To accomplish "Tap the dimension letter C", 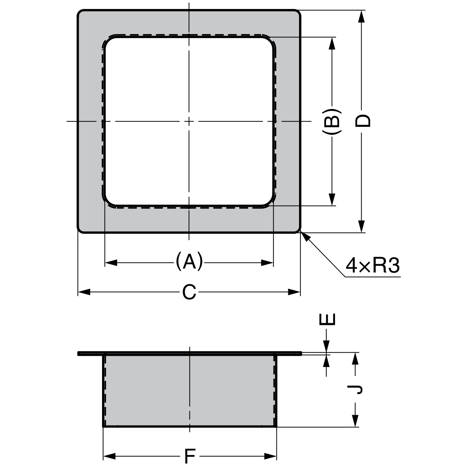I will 189,292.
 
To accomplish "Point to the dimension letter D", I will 362,121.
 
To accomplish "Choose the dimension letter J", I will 356,389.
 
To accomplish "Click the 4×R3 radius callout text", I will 372,266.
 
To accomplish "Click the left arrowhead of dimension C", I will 83,292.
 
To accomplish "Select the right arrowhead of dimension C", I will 295,292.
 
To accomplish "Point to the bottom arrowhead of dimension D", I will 362,227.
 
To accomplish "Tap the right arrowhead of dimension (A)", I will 268,263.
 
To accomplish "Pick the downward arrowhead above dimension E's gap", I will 327,347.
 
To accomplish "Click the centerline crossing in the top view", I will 189,121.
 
